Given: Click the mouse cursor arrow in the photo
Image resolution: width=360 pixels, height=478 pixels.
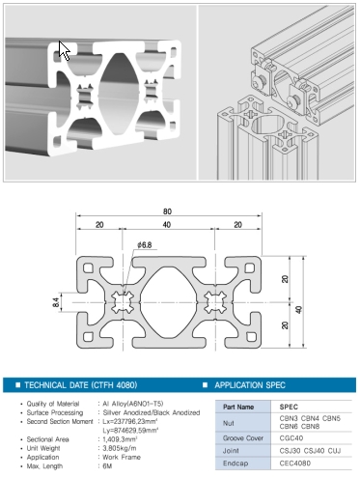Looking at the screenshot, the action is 64,50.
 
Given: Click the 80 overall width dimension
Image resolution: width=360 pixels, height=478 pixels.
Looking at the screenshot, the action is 167,211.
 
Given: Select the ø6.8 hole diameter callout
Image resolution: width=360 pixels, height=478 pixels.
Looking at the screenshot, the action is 144,245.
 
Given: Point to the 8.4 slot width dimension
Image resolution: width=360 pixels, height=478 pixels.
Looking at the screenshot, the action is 56,302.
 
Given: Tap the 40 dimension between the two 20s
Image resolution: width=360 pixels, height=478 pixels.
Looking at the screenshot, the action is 167,225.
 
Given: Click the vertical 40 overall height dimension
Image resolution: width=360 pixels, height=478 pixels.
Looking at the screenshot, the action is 299,310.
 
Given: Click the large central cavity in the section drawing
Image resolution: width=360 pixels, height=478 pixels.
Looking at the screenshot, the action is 168,302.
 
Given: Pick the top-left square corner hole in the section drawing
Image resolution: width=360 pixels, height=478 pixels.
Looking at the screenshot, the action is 88,267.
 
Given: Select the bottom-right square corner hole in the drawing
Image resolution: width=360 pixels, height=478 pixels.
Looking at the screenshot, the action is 250,337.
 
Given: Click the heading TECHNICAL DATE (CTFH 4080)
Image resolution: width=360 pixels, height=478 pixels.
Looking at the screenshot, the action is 81,385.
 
